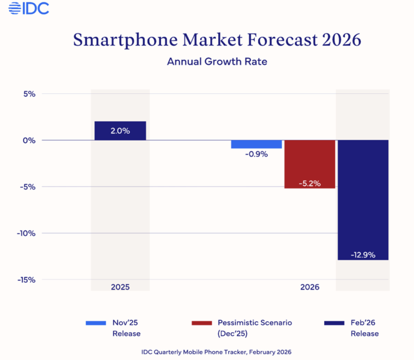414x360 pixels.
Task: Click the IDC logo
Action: click(29, 8)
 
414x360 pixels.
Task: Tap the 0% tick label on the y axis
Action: click(30, 140)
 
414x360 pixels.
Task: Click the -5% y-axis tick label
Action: click(28, 187)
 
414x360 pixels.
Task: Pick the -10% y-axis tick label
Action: click(27, 233)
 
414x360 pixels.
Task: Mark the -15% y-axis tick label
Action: click(27, 280)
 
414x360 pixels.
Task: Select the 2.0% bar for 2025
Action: click(120, 131)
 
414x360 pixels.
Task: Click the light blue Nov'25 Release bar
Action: click(256, 144)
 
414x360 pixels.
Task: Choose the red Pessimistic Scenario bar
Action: click(310, 164)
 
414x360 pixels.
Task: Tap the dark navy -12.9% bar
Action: click(363, 200)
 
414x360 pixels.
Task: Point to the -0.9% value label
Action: click(256, 154)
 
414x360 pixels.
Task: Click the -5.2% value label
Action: click(310, 183)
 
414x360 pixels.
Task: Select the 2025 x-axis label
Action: click(120, 287)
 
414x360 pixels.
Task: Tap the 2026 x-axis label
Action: click(310, 287)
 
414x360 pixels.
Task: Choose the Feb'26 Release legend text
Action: click(365, 328)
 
